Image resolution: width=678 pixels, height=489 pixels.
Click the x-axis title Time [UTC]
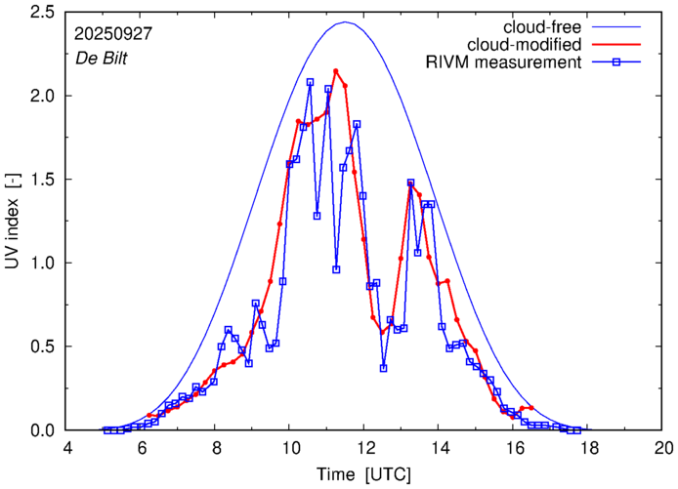click(x=365, y=473)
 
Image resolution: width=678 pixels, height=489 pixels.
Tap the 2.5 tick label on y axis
click(x=43, y=13)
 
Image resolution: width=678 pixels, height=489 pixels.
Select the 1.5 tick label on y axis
click(x=43, y=180)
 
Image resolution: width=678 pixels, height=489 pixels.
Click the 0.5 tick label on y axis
click(x=43, y=346)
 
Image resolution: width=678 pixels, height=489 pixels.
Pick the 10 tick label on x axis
click(x=290, y=448)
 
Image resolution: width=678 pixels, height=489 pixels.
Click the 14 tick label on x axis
click(x=440, y=448)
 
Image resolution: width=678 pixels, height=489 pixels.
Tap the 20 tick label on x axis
click(x=663, y=448)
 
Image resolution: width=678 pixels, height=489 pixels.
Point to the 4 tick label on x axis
click(x=67, y=448)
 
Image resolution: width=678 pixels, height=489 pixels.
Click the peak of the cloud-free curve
click(x=345, y=22)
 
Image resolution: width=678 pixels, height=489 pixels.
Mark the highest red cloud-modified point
click(x=336, y=71)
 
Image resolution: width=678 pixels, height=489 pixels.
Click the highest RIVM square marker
click(x=310, y=83)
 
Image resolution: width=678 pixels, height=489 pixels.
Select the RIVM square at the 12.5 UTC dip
click(x=384, y=368)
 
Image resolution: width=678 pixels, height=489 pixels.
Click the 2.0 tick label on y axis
click(x=43, y=97)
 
